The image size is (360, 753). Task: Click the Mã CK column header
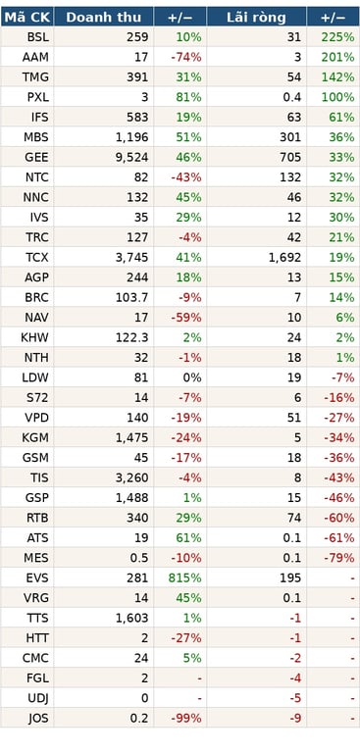[26, 18]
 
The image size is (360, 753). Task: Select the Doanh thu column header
[104, 18]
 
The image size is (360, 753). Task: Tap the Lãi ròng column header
[256, 18]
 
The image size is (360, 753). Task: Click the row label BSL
[38, 37]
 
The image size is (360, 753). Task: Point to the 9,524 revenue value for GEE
[132, 158]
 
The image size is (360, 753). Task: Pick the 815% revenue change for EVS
[185, 577]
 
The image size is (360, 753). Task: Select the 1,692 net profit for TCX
[285, 258]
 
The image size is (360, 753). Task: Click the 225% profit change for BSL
[337, 37]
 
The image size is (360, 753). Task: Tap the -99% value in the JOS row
[186, 719]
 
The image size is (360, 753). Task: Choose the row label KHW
[34, 337]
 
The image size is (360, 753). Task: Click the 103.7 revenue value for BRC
[132, 298]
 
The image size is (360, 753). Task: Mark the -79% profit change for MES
[339, 558]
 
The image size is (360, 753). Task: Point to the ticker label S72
[38, 398]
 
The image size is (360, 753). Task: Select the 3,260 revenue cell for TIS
[132, 477]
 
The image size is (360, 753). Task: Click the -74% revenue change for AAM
[186, 57]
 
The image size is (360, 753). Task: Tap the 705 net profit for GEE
[291, 158]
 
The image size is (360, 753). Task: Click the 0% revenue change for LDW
[192, 377]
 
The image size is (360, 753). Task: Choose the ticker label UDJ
[37, 699]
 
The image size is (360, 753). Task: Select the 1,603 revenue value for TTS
[132, 618]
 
